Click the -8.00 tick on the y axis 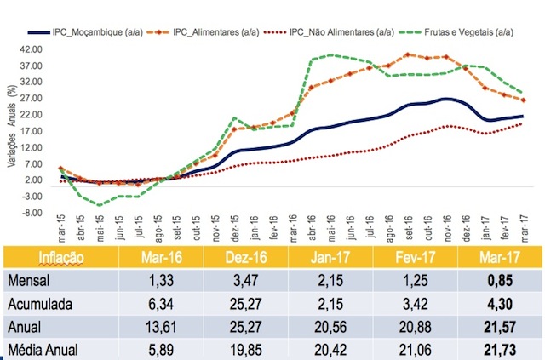click(x=32, y=213)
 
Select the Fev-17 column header click(x=416, y=258)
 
